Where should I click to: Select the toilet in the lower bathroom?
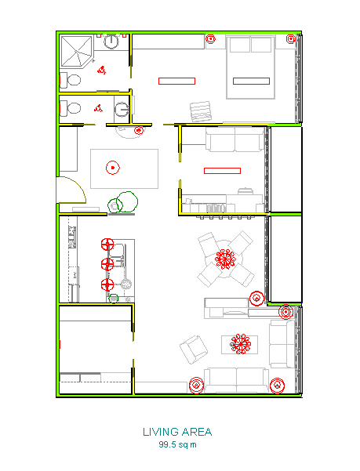[x=73, y=107]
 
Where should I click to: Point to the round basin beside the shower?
[x=113, y=42]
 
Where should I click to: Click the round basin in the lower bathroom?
[x=122, y=108]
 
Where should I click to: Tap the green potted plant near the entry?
[x=124, y=203]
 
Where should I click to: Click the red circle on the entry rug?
[x=113, y=167]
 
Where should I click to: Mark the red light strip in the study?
[x=222, y=170]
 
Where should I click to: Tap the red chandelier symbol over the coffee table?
[x=241, y=343]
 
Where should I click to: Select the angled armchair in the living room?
[x=192, y=349]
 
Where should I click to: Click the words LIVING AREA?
[x=177, y=432]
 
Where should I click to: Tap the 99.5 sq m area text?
[x=177, y=444]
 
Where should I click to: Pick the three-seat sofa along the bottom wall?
[x=235, y=380]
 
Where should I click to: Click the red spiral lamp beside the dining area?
[x=256, y=297]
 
